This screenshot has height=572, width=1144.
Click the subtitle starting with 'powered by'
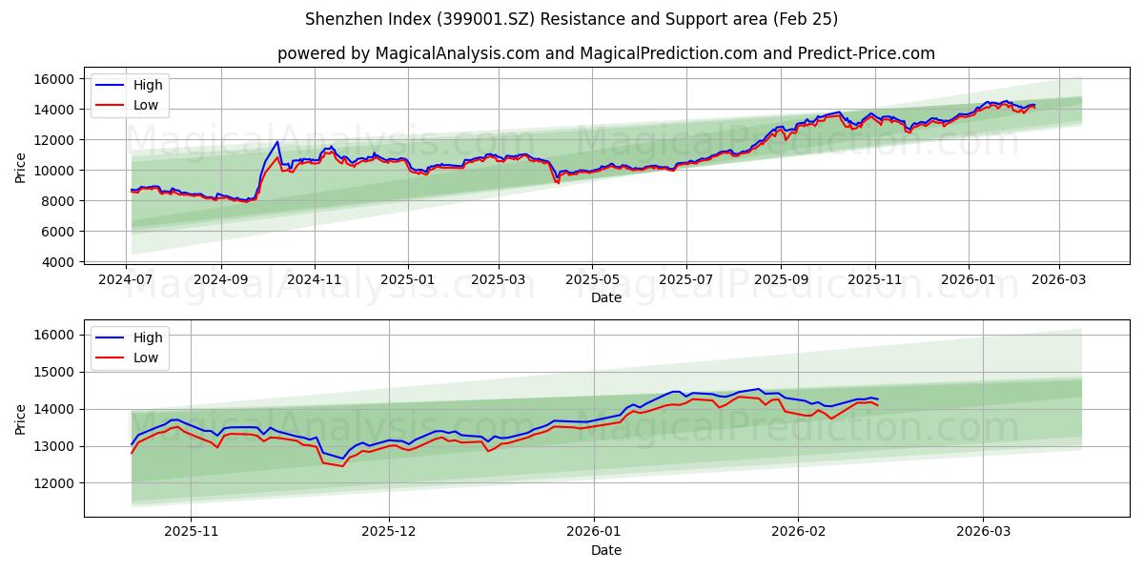605,53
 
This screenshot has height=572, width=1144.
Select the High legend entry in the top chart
148,85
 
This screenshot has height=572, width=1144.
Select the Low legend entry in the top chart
146,105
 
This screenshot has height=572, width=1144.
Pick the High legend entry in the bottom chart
148,337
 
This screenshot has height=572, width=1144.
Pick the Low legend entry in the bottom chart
146,357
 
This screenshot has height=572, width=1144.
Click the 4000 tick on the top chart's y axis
59,262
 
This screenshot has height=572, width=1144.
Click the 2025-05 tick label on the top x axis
592,280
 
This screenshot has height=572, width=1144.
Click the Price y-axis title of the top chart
21,168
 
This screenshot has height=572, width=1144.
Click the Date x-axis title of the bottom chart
605,550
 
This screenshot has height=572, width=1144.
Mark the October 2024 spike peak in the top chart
277,142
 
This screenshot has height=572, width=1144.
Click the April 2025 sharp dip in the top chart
558,181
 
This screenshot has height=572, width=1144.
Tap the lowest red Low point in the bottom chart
342,465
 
